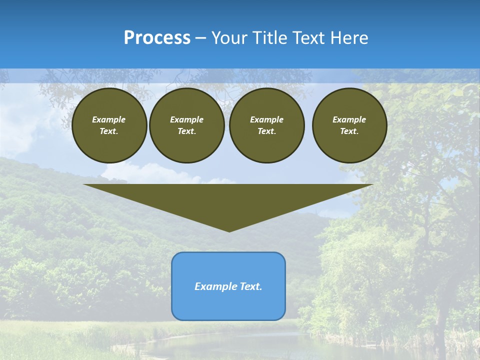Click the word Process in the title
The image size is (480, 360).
tap(157, 38)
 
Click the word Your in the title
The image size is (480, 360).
tap(229, 38)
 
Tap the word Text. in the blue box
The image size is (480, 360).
tap(251, 286)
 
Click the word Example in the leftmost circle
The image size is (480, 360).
tap(109, 119)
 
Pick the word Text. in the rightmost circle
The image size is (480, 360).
tap(349, 131)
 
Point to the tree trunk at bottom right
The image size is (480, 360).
tap(441, 330)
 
